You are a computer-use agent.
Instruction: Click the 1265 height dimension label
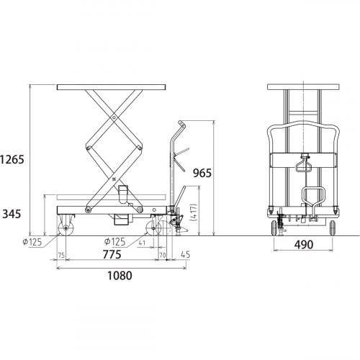click(x=12, y=159)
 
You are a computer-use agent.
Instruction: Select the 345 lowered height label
click(x=12, y=214)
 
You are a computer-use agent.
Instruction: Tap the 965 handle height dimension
click(x=202, y=173)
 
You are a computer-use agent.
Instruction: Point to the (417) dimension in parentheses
click(x=194, y=212)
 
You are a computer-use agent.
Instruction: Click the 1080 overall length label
click(x=120, y=276)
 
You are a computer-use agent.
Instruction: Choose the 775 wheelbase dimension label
click(x=112, y=254)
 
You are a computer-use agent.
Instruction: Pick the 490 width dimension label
click(x=304, y=245)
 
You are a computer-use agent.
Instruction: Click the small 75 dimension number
click(x=61, y=255)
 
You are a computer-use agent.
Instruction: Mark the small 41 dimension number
click(x=142, y=243)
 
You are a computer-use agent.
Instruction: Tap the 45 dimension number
click(x=184, y=254)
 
